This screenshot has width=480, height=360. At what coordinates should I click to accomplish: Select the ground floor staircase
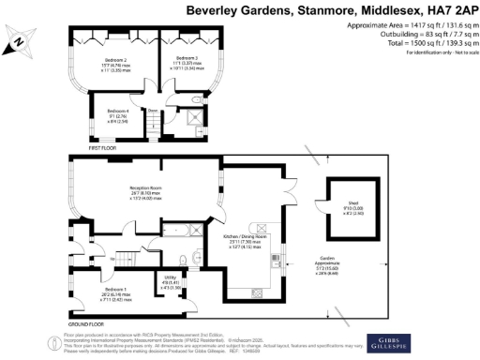(x=131, y=254)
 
